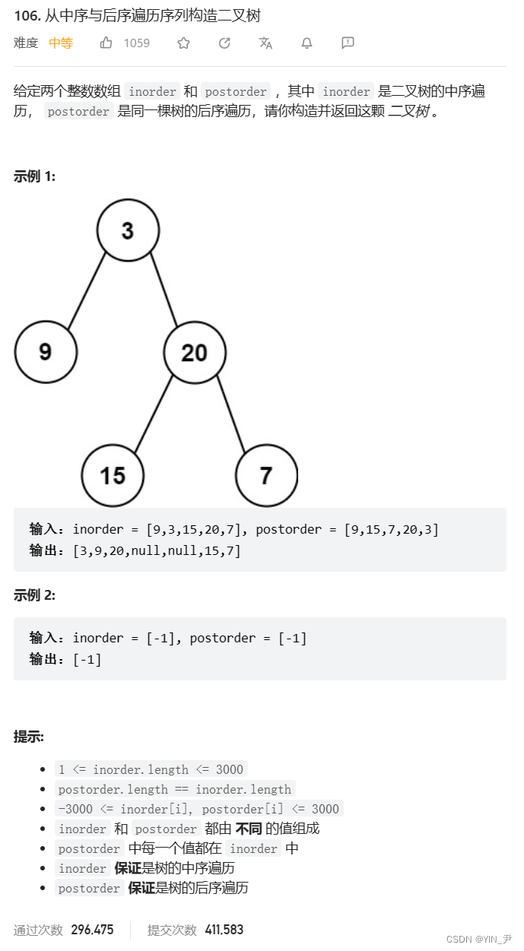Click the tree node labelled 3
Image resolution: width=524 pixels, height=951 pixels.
(x=128, y=230)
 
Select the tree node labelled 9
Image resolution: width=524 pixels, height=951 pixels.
(x=46, y=352)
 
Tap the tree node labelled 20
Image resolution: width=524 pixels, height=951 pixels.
(x=195, y=352)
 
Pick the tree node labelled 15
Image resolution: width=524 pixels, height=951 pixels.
(x=113, y=476)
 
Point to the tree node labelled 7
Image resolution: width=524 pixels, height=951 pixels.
(x=265, y=476)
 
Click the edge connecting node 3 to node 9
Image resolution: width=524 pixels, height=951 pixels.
(x=87, y=290)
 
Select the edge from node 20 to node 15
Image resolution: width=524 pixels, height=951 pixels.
(x=153, y=415)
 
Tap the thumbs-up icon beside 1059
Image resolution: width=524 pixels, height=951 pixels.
(x=106, y=43)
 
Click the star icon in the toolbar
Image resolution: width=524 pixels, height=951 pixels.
(x=183, y=43)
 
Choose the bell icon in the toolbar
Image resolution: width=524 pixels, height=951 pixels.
(x=306, y=43)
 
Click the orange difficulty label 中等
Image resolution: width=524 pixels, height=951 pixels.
(x=61, y=43)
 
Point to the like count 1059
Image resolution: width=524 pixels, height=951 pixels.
(x=137, y=43)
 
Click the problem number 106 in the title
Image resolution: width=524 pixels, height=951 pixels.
(x=25, y=16)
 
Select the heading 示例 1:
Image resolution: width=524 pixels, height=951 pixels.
(x=34, y=176)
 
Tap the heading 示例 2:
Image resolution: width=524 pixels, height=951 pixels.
(x=34, y=595)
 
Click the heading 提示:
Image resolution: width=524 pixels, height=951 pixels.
(x=29, y=736)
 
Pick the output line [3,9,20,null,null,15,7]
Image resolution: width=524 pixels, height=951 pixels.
(x=157, y=550)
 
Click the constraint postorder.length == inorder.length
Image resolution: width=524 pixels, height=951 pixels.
(x=175, y=789)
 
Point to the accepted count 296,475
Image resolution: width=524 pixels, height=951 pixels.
(x=92, y=930)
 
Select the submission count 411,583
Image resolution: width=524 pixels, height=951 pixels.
(x=224, y=930)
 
